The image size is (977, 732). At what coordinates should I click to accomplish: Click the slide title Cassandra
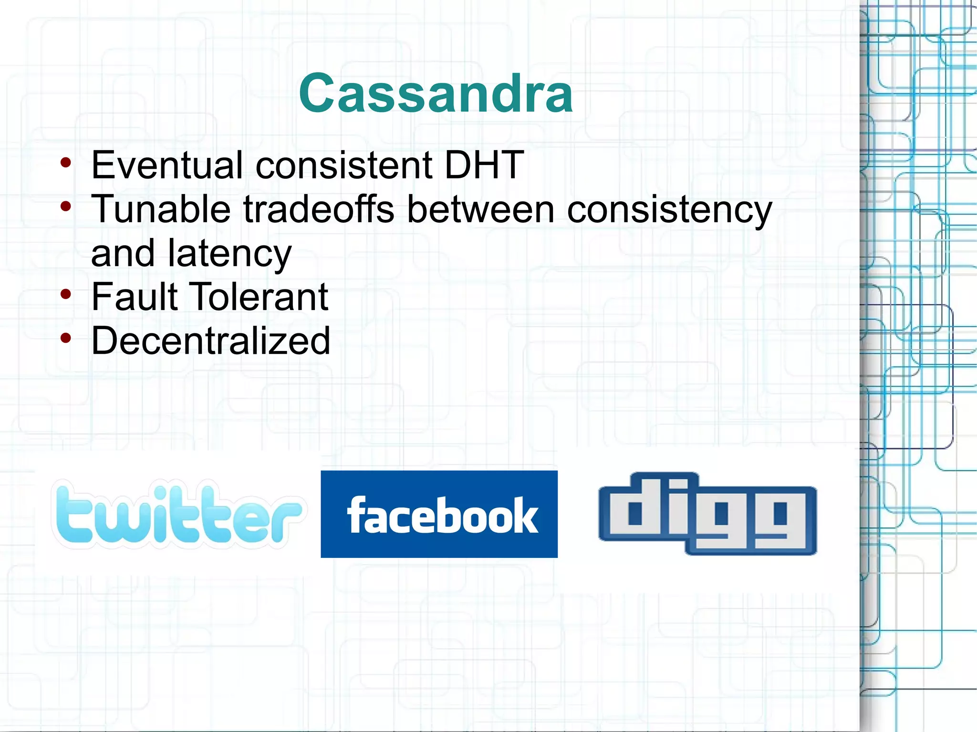point(436,93)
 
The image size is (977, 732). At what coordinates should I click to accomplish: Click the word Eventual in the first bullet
point(167,165)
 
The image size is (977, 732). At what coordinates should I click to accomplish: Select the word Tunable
point(161,209)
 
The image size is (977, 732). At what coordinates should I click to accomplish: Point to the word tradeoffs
point(319,209)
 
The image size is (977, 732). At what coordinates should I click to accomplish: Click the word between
point(480,209)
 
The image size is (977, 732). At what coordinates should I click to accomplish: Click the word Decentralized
point(210,340)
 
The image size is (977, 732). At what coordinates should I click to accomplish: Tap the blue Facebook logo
point(439,514)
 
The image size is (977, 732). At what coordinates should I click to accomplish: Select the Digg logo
point(707,514)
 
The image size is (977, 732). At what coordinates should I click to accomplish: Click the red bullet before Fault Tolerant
point(66,294)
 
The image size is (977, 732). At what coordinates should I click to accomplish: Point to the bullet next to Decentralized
point(66,338)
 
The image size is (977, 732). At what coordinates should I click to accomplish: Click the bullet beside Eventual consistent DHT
point(66,163)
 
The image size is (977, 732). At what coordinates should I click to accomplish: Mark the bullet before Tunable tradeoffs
point(66,206)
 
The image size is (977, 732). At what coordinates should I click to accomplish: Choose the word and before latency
point(122,253)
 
